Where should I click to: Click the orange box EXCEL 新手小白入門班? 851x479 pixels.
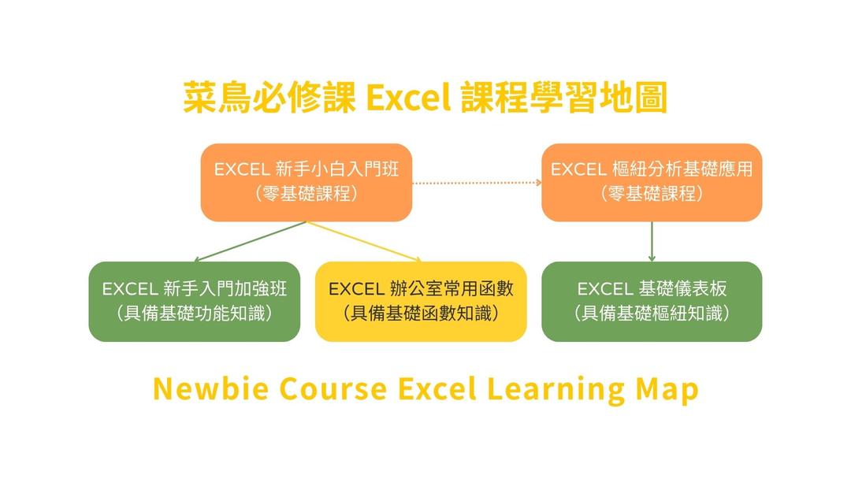(x=306, y=182)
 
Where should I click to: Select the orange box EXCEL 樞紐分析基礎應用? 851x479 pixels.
(x=652, y=182)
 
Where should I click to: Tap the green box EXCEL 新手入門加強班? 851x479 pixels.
(x=195, y=302)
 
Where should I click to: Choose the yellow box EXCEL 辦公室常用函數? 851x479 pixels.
(x=421, y=302)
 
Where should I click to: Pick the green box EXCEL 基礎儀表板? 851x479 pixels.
(x=652, y=302)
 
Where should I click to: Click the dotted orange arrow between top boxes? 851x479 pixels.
(x=477, y=183)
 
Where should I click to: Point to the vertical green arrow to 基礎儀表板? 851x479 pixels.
(x=652, y=242)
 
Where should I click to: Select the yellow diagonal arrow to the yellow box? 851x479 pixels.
(x=363, y=241)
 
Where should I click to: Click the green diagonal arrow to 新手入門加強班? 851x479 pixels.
(x=251, y=241)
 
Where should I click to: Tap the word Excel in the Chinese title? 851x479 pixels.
(x=409, y=98)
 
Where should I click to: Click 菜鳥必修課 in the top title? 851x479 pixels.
(x=269, y=98)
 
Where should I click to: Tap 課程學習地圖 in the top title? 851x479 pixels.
(x=564, y=98)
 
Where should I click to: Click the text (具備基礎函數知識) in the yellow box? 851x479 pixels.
(x=421, y=314)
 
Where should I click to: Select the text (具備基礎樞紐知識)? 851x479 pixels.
(x=652, y=314)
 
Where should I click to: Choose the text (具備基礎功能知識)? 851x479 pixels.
(x=195, y=314)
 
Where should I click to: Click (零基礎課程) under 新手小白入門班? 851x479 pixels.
(x=306, y=194)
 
